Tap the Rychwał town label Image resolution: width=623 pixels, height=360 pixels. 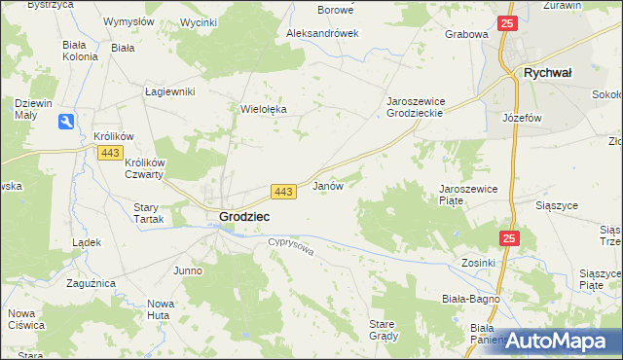pos(547,72)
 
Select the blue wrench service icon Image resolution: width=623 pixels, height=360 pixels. pos(65,122)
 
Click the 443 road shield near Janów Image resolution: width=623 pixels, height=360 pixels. pos(283,193)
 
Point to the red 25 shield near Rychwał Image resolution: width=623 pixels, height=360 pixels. pos(506,23)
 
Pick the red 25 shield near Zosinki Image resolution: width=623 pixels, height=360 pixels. pos(510,237)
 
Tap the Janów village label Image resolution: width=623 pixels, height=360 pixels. pos(327,185)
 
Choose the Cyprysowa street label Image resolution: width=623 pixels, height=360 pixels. pos(291,249)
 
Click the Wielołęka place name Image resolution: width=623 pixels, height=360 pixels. pos(264,110)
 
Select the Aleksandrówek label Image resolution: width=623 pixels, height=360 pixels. pos(322,33)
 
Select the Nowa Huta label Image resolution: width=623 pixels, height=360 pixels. pos(160,309)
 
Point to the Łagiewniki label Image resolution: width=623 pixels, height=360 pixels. pos(170,91)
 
